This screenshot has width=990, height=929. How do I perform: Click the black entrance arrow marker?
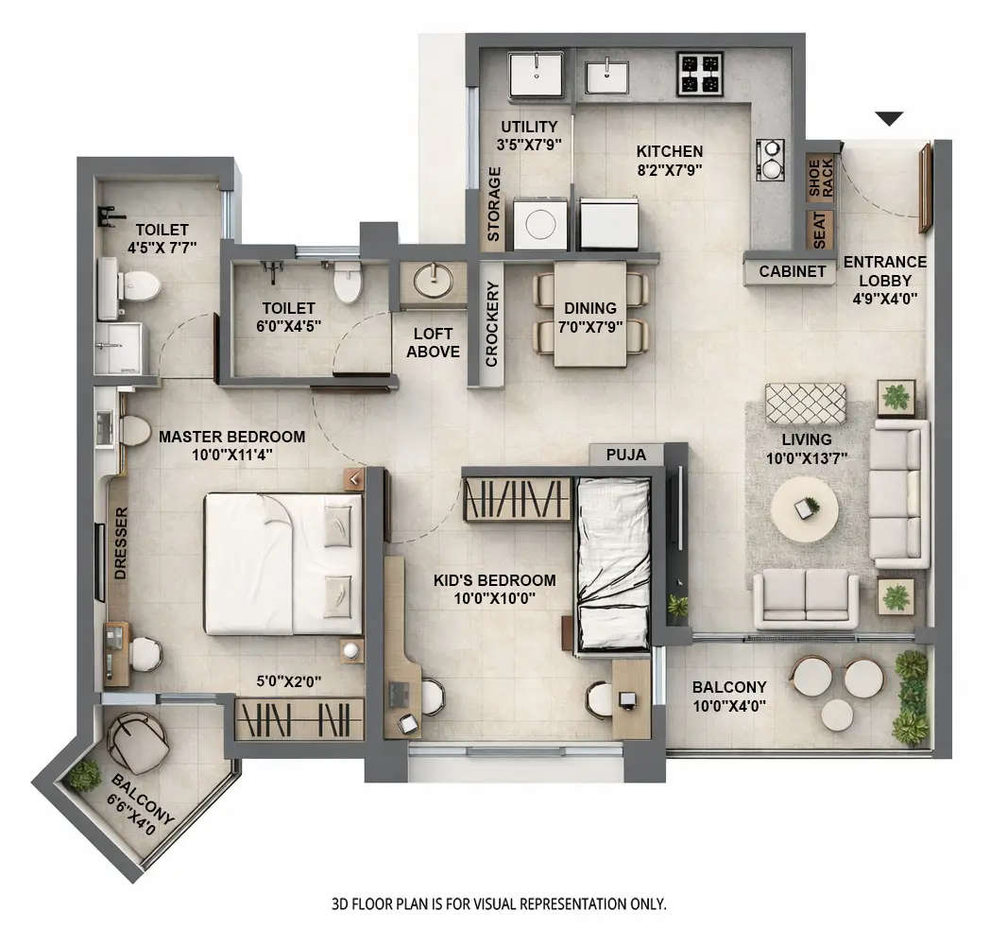point(889,118)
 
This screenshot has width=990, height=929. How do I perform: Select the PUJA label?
point(626,455)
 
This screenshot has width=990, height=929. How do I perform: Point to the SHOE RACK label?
point(821,180)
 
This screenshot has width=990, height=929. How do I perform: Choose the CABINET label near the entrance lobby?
point(792,272)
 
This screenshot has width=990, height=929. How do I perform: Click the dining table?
point(589,313)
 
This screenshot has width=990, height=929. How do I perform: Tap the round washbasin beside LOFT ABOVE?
point(433,281)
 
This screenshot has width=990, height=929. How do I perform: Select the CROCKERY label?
point(491,323)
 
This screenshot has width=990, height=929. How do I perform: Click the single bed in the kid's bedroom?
point(612,562)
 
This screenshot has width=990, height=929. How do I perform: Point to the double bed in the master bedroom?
point(283,563)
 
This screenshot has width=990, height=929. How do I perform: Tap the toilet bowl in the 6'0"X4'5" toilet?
point(348,283)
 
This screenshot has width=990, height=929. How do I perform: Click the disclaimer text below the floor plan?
point(499,903)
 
